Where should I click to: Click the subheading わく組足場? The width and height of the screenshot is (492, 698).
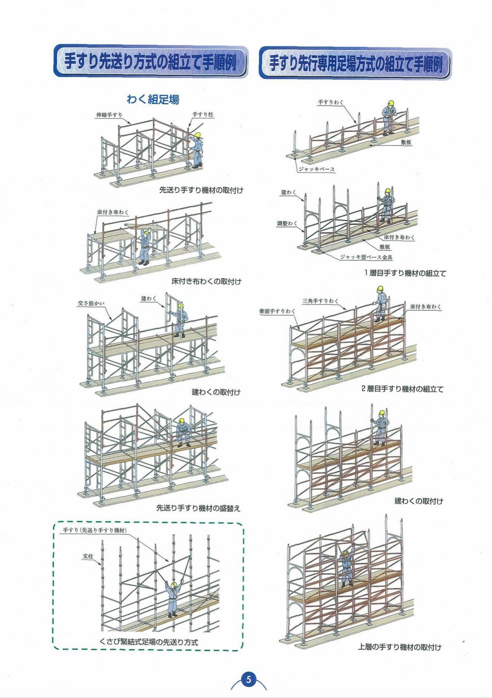coord(153,100)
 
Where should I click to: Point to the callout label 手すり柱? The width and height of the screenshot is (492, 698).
coord(203,115)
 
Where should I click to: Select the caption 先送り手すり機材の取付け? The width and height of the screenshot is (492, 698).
coord(201,190)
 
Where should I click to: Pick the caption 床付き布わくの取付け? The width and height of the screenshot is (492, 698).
coord(206,282)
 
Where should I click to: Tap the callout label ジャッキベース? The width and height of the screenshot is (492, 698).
coord(317,169)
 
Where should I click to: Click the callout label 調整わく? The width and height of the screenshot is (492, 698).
coord(287,224)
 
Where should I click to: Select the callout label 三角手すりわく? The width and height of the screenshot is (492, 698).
coord(320,301)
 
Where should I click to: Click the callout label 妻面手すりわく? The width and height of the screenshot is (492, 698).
coord(277,311)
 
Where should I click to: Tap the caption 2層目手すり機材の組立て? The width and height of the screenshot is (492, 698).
coord(402,389)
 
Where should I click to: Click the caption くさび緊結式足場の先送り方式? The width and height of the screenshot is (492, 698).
coord(149,642)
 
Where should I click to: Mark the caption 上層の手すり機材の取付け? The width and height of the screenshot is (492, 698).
coord(399,647)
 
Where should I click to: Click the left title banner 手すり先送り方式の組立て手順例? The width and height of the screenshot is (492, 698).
coord(150,62)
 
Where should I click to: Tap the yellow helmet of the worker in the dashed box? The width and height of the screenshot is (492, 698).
coord(174,585)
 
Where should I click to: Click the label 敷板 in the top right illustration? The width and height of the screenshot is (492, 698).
coord(406,143)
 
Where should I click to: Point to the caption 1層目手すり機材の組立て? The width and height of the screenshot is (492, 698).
coord(405,273)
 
